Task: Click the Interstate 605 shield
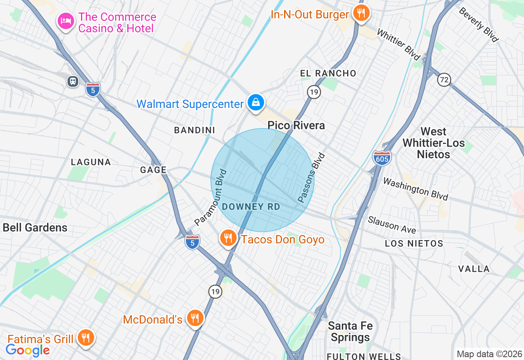(x=382, y=158)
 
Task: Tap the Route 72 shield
(x=444, y=79)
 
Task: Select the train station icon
(x=73, y=81)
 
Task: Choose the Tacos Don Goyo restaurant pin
(x=228, y=238)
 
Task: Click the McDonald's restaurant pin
(x=195, y=318)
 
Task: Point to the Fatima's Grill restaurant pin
(x=86, y=337)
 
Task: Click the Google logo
(x=28, y=350)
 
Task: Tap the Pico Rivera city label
(x=296, y=125)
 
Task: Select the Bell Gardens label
(x=35, y=227)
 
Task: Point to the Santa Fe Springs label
(x=350, y=332)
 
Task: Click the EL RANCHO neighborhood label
(x=328, y=74)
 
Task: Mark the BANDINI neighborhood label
(x=195, y=130)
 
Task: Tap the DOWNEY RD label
(x=251, y=207)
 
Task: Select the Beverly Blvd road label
(x=479, y=25)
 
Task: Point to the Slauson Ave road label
(x=392, y=225)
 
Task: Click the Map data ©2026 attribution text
(x=490, y=354)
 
